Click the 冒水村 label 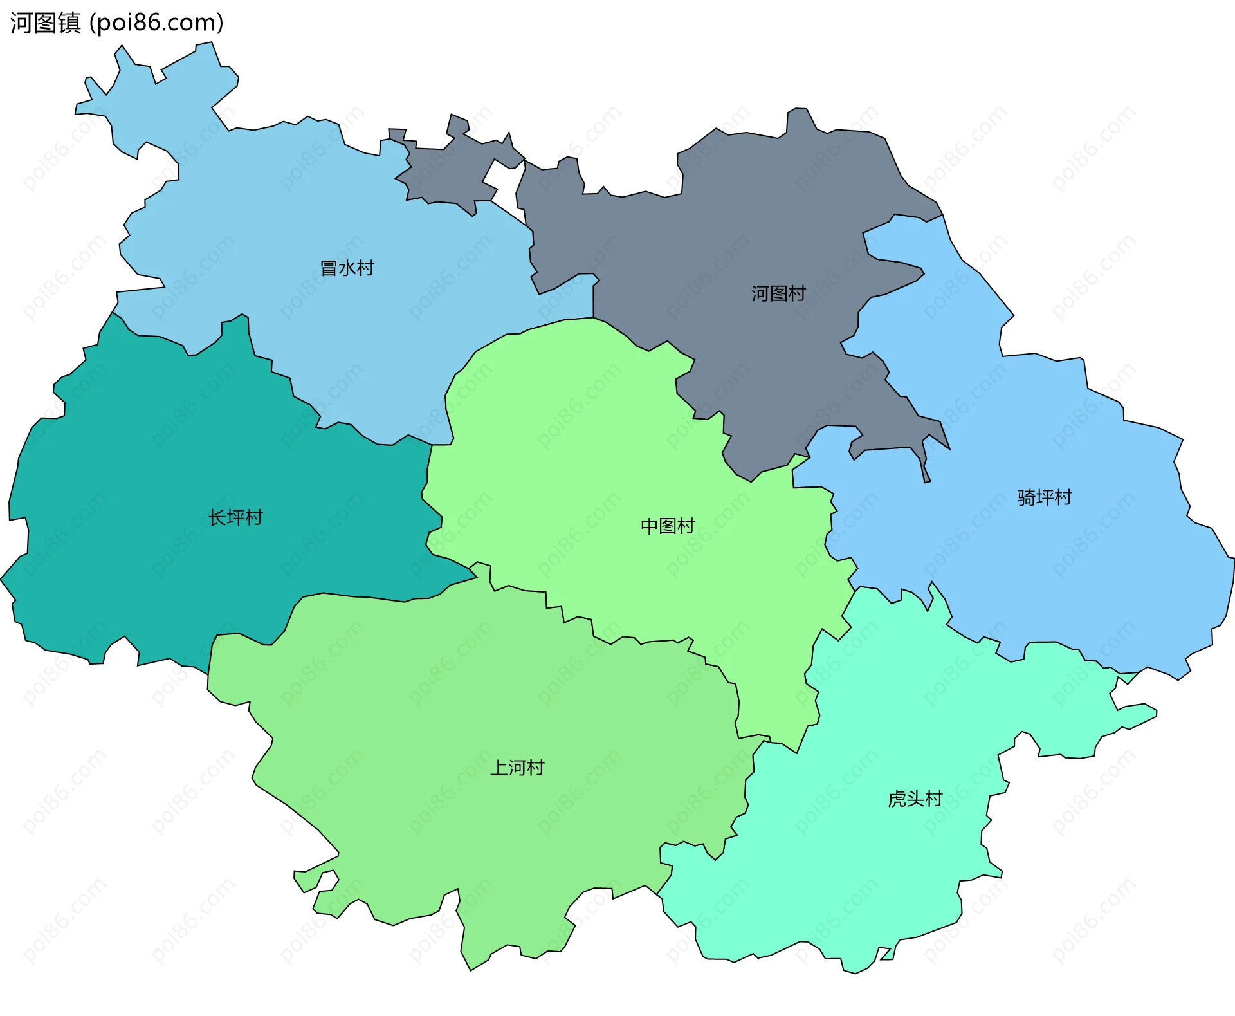[347, 268]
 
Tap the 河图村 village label [778, 293]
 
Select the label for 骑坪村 [1045, 497]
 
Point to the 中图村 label [668, 526]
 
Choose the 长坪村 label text [235, 517]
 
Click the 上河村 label [517, 768]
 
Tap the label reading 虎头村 [915, 799]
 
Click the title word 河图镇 [45, 23]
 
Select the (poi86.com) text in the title [156, 23]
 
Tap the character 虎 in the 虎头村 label [897, 799]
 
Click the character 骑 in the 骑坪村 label [1027, 497]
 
